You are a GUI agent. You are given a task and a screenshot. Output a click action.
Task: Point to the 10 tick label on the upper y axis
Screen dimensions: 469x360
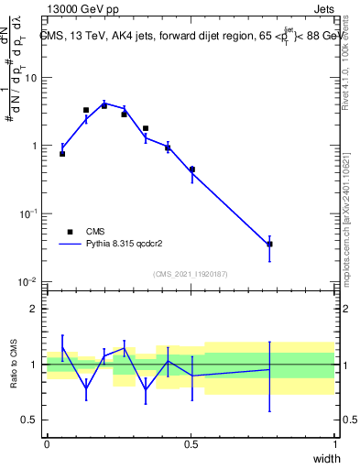[x=33, y=78]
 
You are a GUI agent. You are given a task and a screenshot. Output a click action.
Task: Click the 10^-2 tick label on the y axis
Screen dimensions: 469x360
[x=31, y=281]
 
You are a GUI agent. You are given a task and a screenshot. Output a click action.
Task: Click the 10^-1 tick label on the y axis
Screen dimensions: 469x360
[x=31, y=213]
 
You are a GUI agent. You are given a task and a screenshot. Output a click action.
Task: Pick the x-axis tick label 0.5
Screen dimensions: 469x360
[x=191, y=443]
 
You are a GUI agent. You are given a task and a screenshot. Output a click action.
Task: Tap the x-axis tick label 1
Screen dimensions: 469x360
[x=334, y=443]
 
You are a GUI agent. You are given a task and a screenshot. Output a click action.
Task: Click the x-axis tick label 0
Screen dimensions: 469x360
[x=48, y=443]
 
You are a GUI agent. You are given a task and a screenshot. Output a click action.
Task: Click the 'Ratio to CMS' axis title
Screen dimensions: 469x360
[x=14, y=365]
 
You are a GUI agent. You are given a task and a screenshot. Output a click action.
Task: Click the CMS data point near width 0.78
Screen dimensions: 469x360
[x=269, y=244]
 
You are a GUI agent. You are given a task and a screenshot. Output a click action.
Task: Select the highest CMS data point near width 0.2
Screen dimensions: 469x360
[x=104, y=105]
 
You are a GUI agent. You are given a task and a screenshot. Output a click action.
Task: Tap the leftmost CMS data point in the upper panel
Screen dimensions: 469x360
[x=62, y=154]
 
